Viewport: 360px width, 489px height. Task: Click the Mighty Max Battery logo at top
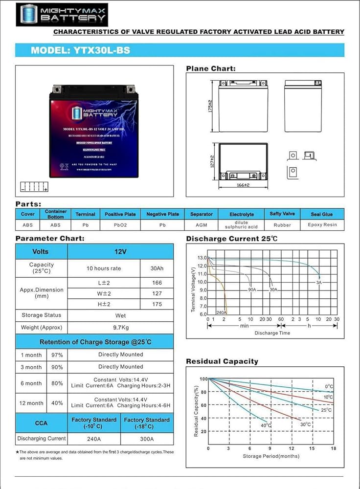pos(61,14)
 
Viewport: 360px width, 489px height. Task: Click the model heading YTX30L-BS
pos(80,50)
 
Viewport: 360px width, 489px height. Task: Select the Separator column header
pos(202,214)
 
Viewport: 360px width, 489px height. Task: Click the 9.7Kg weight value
pos(121,327)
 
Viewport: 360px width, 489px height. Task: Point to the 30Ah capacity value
pos(157,268)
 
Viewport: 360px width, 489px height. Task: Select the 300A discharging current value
pos(147,439)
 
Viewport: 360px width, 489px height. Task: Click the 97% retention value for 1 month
pos(57,355)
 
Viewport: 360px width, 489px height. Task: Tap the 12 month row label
pos(31,403)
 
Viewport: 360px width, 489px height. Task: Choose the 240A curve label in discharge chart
pos(221,312)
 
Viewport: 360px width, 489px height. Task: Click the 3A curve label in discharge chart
pos(318,282)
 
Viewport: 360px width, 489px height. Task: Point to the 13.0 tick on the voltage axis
pos(202,258)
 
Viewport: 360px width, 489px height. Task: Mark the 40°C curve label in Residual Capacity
pos(266,425)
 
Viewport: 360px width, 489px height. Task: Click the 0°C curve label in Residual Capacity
pos(329,387)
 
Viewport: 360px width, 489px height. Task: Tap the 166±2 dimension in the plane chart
pos(243,185)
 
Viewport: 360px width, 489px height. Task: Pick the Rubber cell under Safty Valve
pos(282,225)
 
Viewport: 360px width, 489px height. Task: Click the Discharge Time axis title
pos(272,333)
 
